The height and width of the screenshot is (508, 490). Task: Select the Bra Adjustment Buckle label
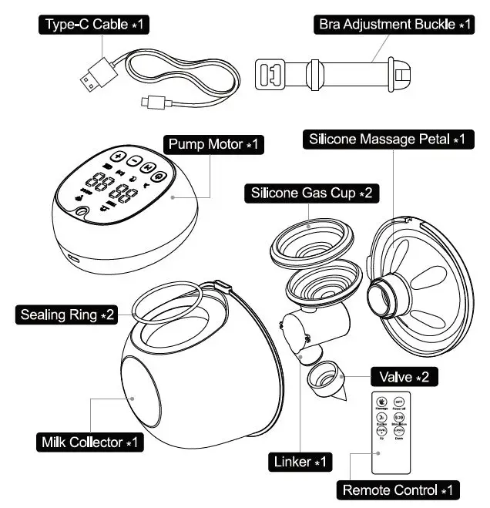(395, 25)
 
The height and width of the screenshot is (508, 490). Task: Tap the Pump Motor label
(215, 144)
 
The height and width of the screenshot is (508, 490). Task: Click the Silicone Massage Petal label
(387, 140)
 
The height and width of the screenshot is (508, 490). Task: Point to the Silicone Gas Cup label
(312, 193)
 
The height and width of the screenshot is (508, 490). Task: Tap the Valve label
(405, 378)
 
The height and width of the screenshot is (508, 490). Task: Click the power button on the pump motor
(158, 176)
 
